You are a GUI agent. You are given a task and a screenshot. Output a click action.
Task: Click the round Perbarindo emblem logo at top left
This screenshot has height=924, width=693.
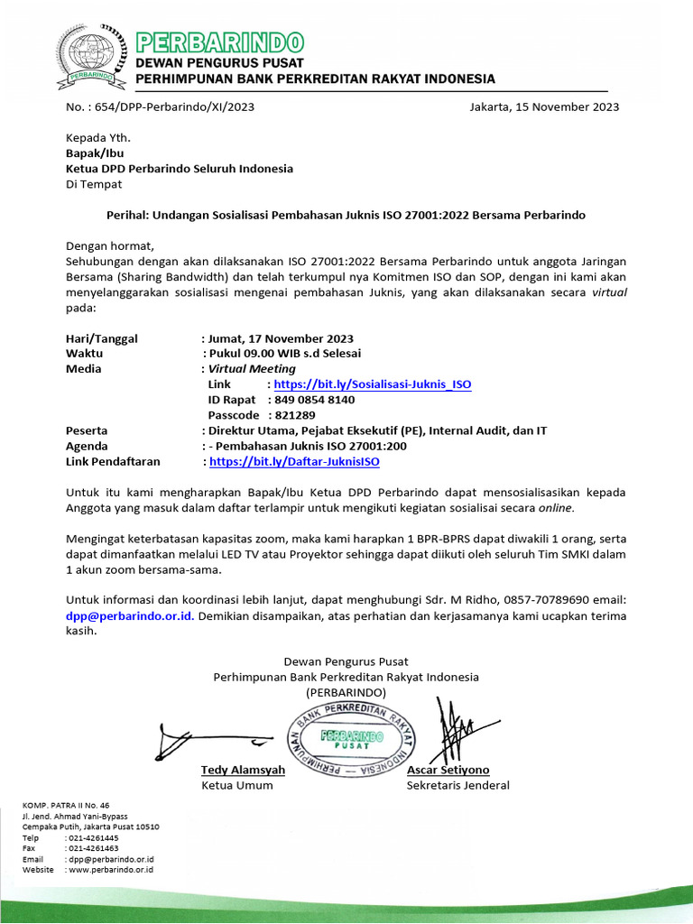88,57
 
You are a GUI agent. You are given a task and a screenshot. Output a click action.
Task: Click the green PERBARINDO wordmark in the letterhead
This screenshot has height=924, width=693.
219,42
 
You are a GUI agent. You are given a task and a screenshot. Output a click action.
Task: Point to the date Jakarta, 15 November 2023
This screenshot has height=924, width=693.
544,106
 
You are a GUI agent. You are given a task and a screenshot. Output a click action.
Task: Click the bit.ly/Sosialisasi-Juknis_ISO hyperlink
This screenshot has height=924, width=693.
372,384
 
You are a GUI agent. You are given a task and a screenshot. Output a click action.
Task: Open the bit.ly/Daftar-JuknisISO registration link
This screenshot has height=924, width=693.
294,461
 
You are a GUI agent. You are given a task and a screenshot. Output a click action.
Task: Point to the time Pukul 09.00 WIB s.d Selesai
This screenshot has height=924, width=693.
285,354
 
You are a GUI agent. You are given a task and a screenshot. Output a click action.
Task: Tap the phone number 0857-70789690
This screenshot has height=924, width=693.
544,601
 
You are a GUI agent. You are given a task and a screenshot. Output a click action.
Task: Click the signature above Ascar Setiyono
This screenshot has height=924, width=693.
456,732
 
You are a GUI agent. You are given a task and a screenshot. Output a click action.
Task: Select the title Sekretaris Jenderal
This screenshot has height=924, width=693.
457,785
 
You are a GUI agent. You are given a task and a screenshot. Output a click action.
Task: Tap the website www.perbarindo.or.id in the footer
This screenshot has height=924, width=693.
111,869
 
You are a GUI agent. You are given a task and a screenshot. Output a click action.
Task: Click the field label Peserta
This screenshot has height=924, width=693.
88,430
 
